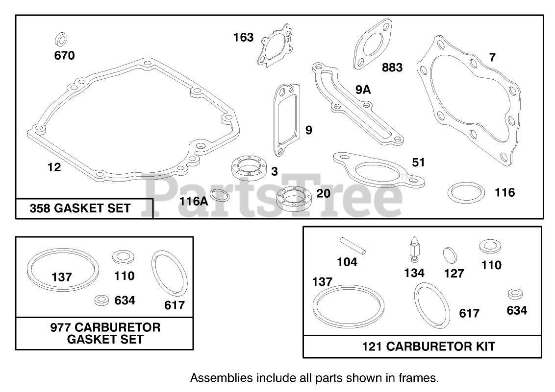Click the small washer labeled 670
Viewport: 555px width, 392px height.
tap(60, 39)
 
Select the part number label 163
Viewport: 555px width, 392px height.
tap(243, 37)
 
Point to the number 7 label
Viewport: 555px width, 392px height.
tap(492, 57)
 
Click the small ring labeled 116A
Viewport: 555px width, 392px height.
tap(223, 196)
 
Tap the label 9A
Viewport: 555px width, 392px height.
tap(363, 90)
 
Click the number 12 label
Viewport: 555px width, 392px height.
tap(54, 167)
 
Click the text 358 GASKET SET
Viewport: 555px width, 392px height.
tap(80, 208)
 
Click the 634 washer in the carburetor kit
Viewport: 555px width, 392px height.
tap(516, 294)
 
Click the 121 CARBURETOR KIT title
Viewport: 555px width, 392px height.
tap(429, 346)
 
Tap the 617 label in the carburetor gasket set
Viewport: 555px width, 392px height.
tap(174, 305)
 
